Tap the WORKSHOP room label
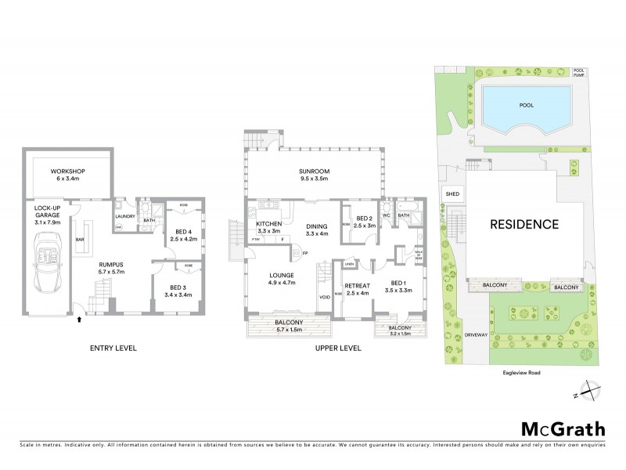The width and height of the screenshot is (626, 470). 67,172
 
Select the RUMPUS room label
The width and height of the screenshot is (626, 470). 110,264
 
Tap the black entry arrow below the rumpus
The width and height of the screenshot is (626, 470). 79,319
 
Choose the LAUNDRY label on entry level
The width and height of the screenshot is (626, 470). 126,216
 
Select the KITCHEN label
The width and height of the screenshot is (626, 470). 268,224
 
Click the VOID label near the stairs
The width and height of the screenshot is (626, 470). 324,297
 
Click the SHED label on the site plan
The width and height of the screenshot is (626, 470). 452,194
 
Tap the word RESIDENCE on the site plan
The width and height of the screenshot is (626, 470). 523,224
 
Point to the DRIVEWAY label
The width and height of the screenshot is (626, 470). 475,334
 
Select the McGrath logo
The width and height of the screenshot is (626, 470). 563,428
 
